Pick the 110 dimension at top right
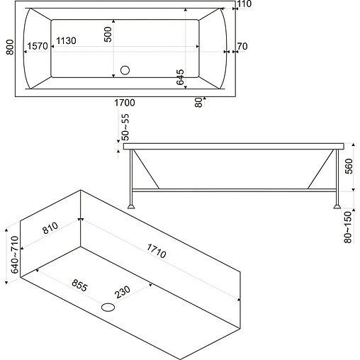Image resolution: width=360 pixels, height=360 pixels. pyautogui.click(x=244, y=5)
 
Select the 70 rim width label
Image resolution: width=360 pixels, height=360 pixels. pyautogui.click(x=242, y=47)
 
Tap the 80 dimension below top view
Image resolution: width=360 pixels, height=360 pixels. pyautogui.click(x=198, y=102)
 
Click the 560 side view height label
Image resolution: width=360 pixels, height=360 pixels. pyautogui.click(x=348, y=167)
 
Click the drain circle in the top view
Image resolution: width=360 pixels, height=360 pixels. pyautogui.click(x=126, y=70)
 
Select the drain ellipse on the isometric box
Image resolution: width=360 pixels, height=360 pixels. pyautogui.click(x=108, y=308)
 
